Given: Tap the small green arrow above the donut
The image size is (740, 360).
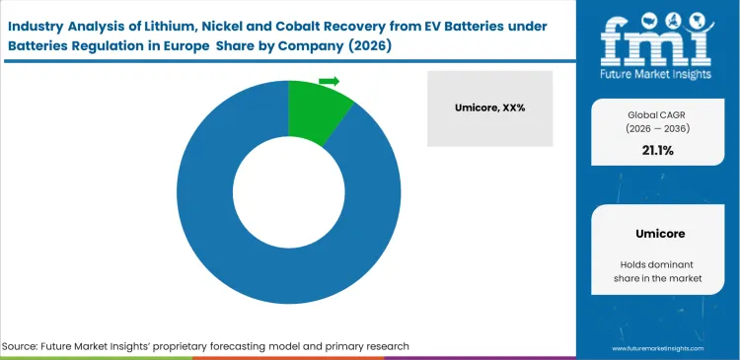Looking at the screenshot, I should [330, 81].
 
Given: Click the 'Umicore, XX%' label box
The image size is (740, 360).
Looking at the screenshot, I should [490, 108].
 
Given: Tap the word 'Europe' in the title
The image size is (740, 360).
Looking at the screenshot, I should [216, 45].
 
